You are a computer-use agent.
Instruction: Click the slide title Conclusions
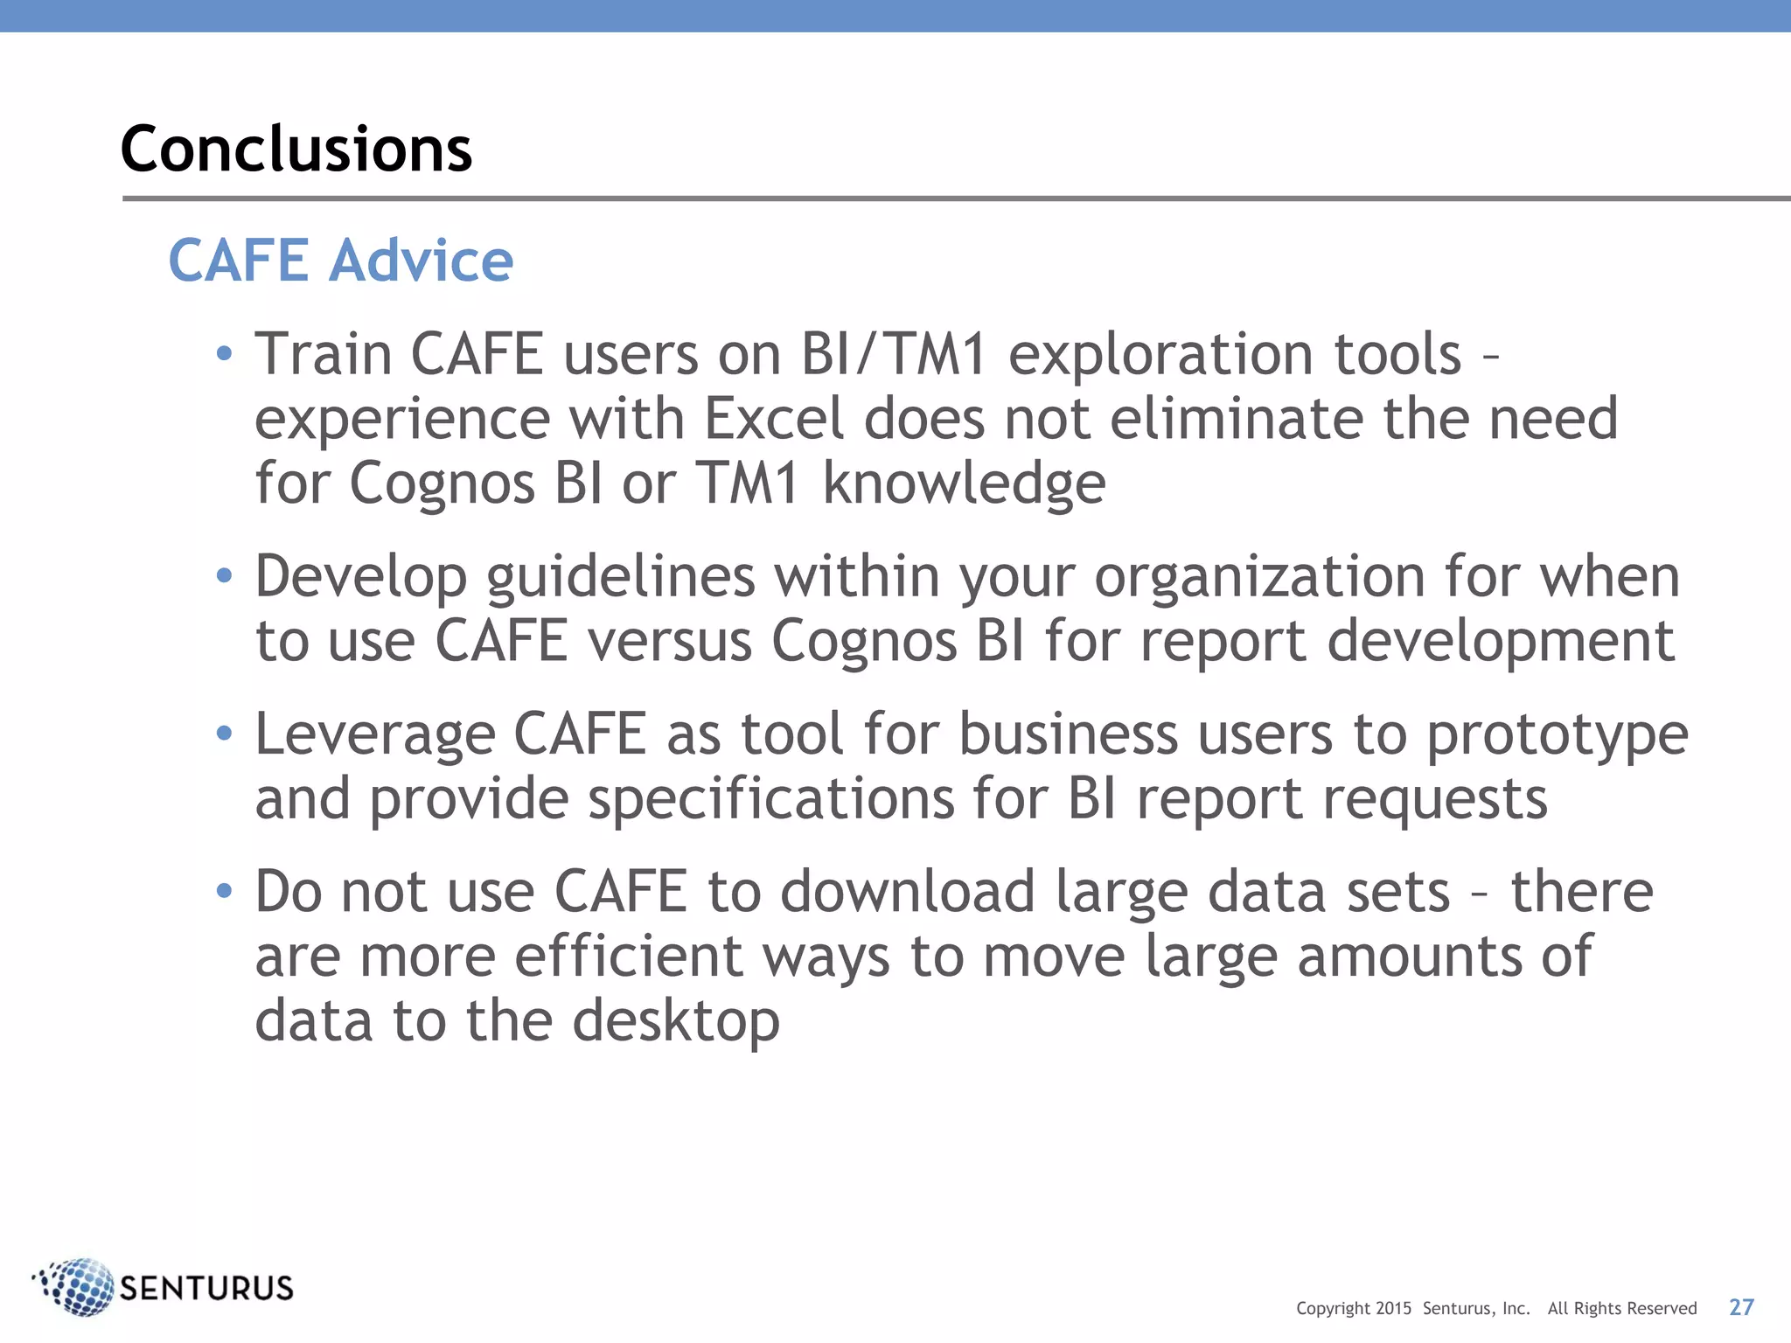pos(296,149)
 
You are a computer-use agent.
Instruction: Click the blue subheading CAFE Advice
pos(340,261)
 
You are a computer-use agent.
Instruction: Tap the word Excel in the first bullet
pos(774,419)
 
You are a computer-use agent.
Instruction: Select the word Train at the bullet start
pos(323,354)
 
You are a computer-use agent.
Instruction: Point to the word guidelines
pos(620,578)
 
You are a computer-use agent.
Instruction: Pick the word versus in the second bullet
pos(669,641)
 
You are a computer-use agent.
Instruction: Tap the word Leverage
pos(374,734)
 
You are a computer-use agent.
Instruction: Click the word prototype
pos(1558,735)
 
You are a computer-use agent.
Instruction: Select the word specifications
pos(770,799)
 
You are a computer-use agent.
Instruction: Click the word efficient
pos(628,956)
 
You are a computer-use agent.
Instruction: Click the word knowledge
pos(964,484)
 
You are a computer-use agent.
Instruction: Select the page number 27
pos(1741,1307)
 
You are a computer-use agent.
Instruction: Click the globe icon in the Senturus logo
pos(76,1286)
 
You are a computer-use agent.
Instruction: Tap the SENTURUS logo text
pos(206,1288)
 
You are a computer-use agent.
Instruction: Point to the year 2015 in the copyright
pos(1393,1309)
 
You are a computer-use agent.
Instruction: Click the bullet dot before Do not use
pos(225,891)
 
